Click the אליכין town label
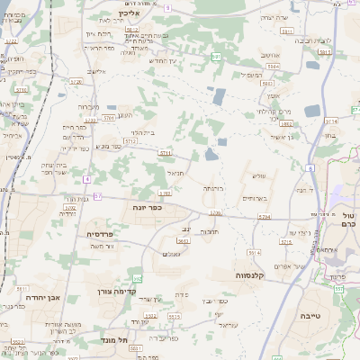(x=130, y=14)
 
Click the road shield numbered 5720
(x=76, y=81)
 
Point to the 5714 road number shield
(x=331, y=120)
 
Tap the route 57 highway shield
(x=97, y=195)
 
